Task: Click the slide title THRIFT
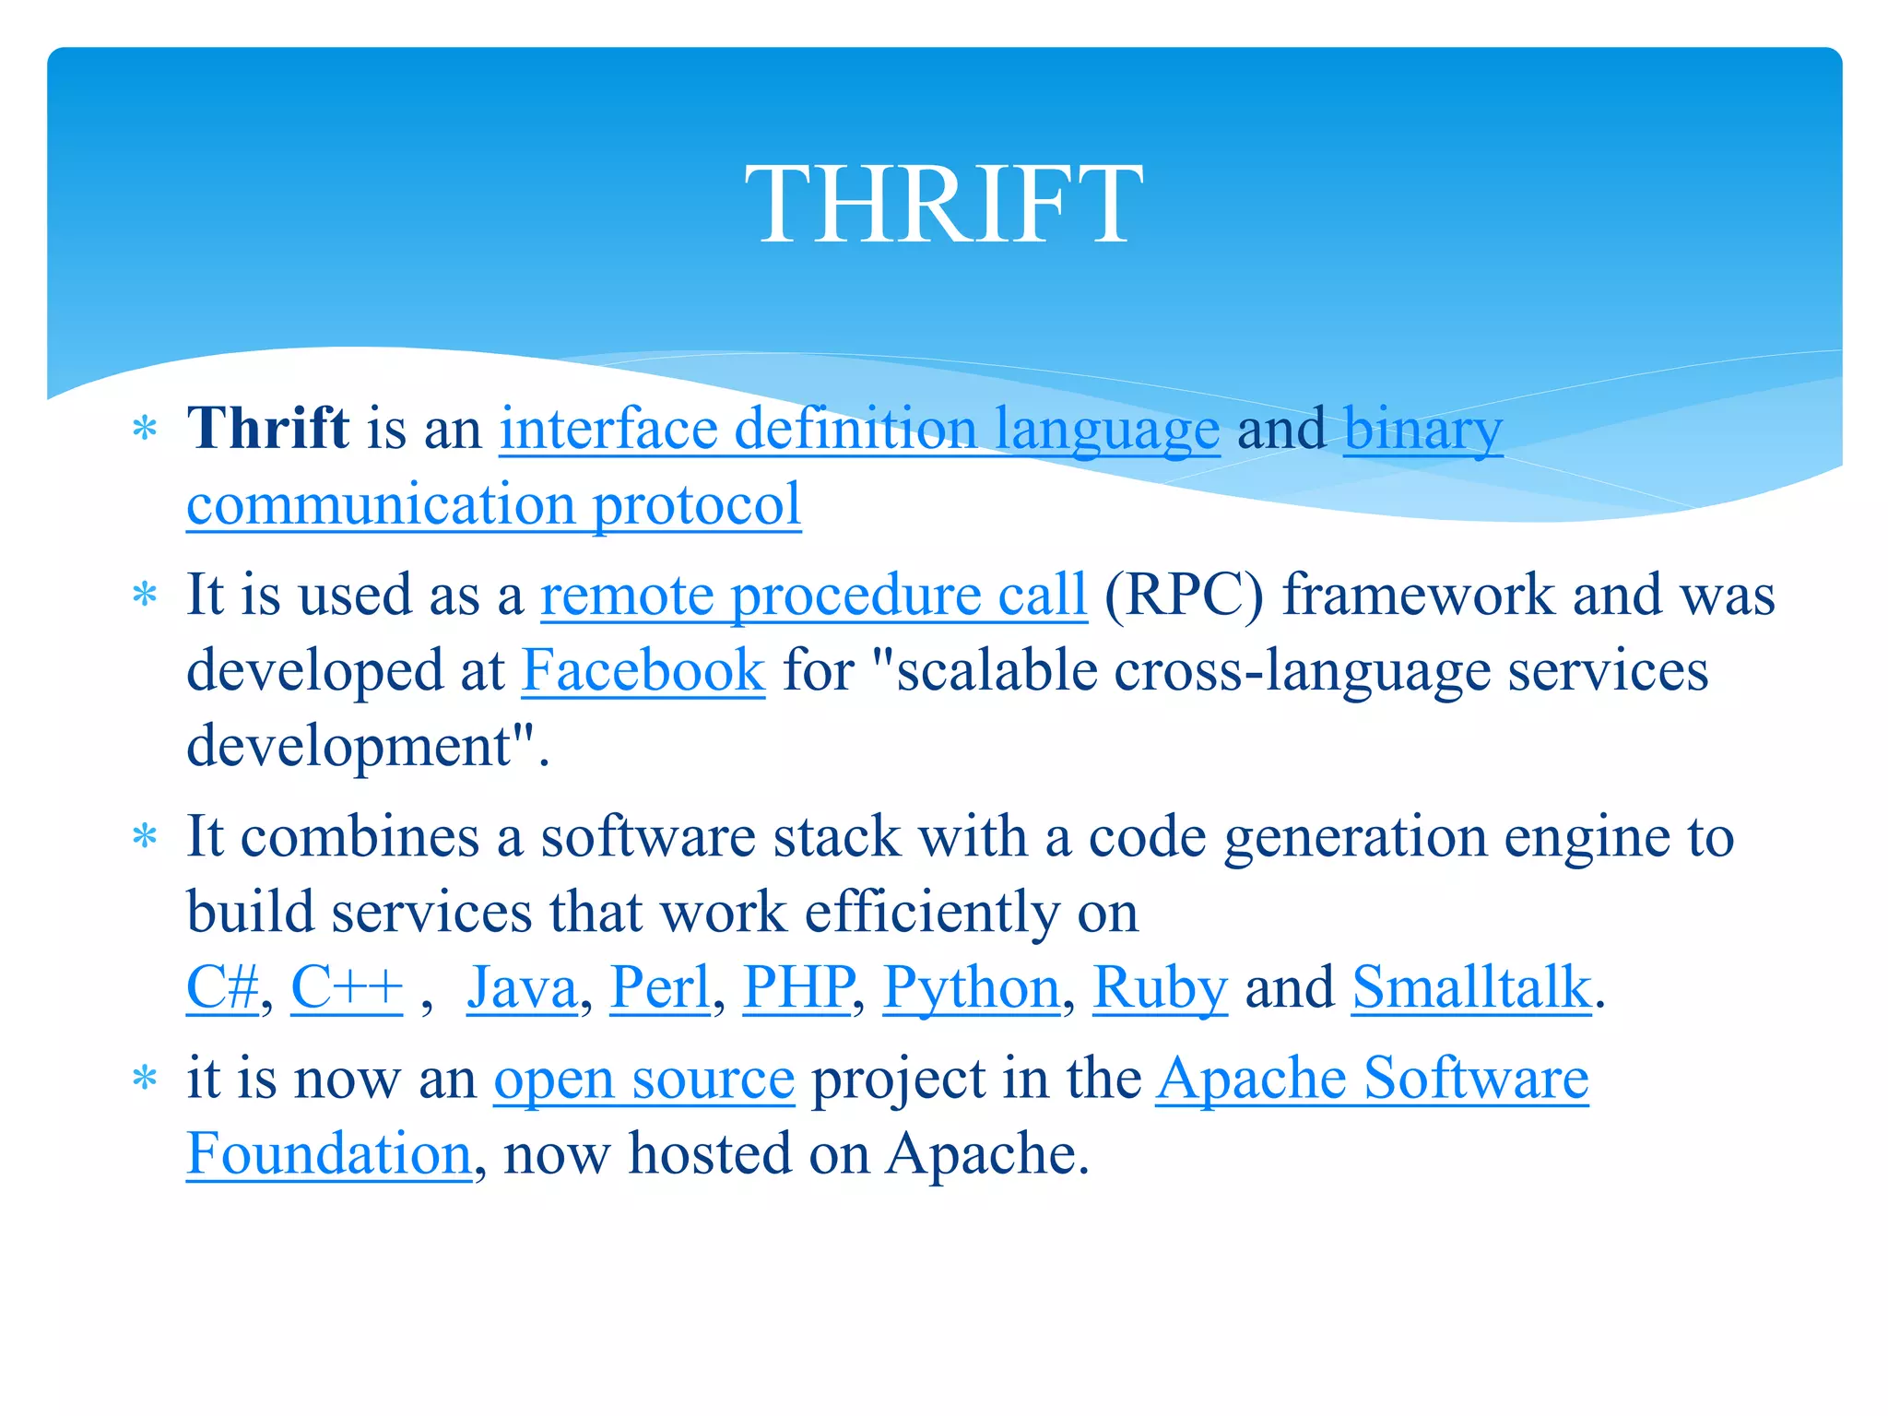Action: pyautogui.click(x=944, y=205)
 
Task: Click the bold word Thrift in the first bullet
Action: pyautogui.click(x=267, y=429)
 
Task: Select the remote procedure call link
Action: pyautogui.click(x=813, y=596)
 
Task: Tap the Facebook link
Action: pyautogui.click(x=643, y=670)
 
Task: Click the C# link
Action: pyautogui.click(x=222, y=988)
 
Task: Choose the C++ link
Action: pyautogui.click(x=347, y=988)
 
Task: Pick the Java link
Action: pyautogui.click(x=522, y=988)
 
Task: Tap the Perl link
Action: pyautogui.click(x=660, y=988)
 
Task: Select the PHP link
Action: pyautogui.click(x=797, y=988)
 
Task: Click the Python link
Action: pyautogui.click(x=972, y=988)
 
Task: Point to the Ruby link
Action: pyautogui.click(x=1160, y=988)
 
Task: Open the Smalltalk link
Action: pyautogui.click(x=1471, y=988)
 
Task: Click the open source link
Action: pyautogui.click(x=643, y=1079)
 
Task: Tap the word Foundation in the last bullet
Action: pyautogui.click(x=329, y=1154)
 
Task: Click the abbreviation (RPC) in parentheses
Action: pyautogui.click(x=1184, y=596)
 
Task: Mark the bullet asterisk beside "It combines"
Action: pyautogui.click(x=145, y=837)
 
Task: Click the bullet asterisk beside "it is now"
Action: pyautogui.click(x=145, y=1078)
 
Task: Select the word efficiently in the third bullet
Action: pyautogui.click(x=932, y=913)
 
